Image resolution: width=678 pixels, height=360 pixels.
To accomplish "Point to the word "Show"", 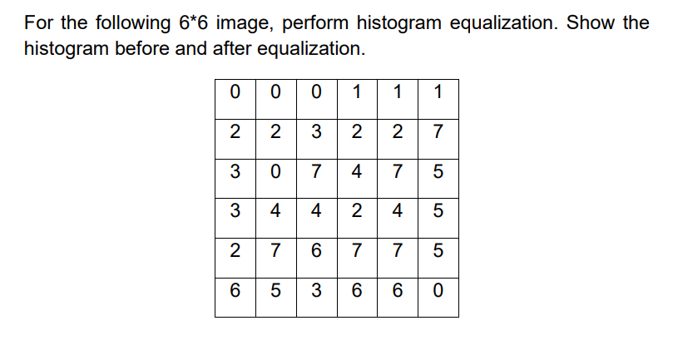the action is click(x=592, y=22).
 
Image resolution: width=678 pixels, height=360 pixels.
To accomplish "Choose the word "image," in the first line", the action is click(x=243, y=22).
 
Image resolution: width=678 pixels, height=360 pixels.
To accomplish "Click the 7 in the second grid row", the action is click(x=438, y=131).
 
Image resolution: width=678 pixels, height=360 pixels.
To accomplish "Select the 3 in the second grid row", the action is click(x=316, y=131).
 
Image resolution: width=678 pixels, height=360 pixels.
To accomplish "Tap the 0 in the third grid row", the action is click(x=275, y=173).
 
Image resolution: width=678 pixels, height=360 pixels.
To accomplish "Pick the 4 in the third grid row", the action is click(x=357, y=173).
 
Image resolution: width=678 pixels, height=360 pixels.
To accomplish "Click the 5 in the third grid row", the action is click(x=438, y=173).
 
